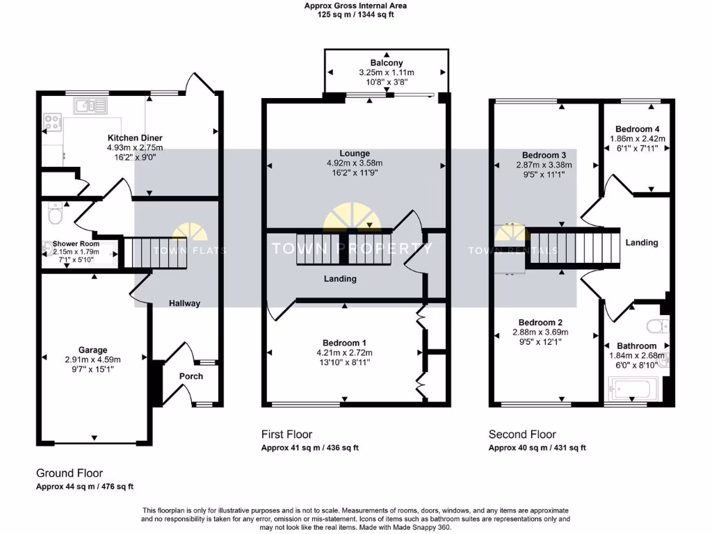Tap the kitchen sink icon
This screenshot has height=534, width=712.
[x=91, y=106]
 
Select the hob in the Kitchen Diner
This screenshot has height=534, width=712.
[x=51, y=123]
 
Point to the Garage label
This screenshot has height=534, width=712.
[x=92, y=350]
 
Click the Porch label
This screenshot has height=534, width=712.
[x=191, y=376]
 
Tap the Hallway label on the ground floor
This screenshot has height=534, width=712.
[x=184, y=303]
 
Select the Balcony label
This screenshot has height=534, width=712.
[x=386, y=63]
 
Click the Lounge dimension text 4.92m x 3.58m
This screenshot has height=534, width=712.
[x=355, y=163]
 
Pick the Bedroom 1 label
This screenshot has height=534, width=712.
[x=344, y=343]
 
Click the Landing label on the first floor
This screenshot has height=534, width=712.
[x=340, y=279]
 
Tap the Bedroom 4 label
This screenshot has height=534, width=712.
[x=638, y=129]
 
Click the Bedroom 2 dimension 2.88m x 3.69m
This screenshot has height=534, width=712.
[x=544, y=332]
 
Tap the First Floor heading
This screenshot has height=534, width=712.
[x=286, y=435]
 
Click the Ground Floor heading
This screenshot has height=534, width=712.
[x=70, y=473]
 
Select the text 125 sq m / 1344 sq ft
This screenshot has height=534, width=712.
[x=355, y=15]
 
